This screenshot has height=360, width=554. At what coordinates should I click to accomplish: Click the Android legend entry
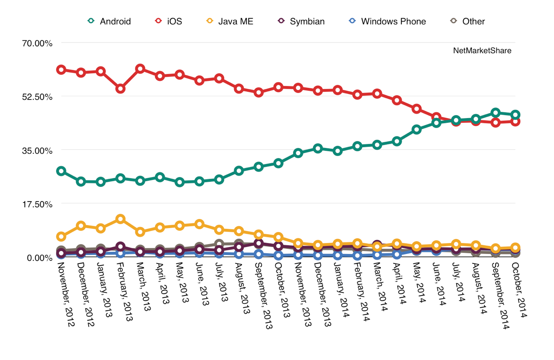109,21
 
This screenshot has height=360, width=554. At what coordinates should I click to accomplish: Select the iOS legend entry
169,21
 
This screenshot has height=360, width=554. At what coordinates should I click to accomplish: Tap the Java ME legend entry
229,21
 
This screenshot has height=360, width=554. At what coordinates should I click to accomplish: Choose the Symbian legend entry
301,21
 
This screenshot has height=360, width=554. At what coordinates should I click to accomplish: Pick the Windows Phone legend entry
387,21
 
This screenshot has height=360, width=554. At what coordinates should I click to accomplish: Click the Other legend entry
468,21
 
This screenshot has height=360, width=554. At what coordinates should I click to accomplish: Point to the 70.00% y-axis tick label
38,43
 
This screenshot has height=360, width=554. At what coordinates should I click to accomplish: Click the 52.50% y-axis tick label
38,97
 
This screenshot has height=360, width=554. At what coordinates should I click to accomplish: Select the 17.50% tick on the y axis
38,204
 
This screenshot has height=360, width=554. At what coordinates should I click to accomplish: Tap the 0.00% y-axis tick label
39,258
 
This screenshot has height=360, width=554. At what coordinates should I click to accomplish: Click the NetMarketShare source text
482,51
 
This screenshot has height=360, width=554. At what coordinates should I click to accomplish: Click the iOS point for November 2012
61,70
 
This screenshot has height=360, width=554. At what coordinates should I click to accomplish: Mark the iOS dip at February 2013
120,89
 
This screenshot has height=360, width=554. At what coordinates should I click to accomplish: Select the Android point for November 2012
61,171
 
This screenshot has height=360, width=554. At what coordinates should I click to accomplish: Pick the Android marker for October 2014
515,115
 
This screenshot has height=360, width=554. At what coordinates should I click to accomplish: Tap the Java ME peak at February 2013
120,219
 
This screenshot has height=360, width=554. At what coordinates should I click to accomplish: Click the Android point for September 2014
496,113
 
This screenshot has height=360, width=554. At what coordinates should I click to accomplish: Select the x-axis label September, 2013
263,294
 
